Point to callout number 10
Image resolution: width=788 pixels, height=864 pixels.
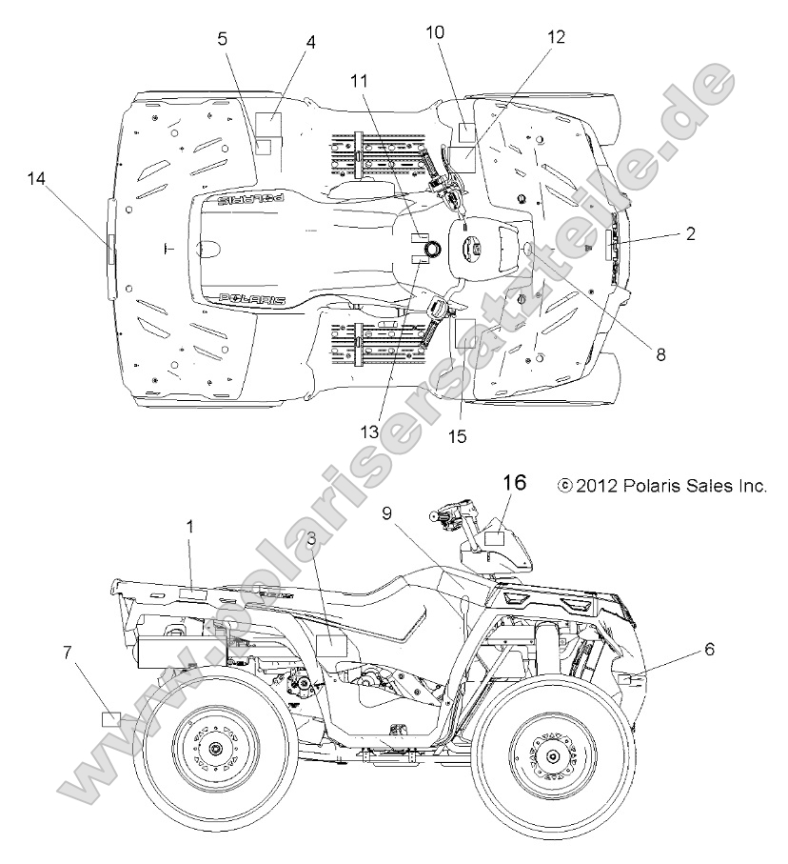(x=435, y=31)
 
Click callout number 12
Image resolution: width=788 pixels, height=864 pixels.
(x=556, y=37)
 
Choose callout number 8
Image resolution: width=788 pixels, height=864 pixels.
(x=660, y=352)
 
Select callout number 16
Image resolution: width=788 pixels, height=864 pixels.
(x=514, y=483)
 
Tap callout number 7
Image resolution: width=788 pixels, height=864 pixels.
(x=67, y=652)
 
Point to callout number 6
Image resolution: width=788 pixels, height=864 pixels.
(x=709, y=649)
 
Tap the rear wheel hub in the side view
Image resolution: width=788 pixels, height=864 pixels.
(x=210, y=750)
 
